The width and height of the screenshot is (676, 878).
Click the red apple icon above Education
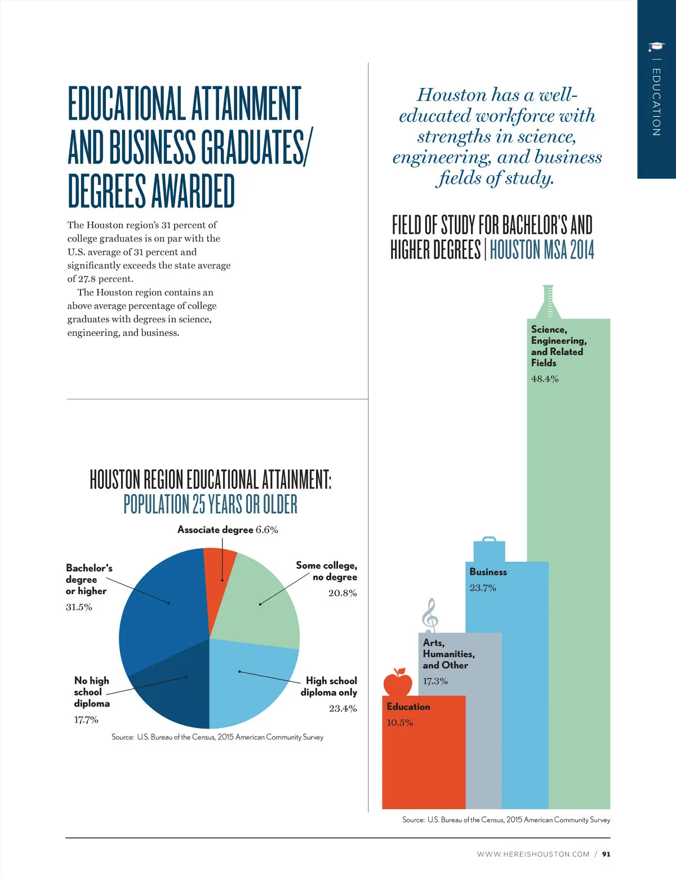398,682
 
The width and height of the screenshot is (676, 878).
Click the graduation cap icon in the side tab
656,46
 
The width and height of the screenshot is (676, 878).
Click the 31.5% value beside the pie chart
79,607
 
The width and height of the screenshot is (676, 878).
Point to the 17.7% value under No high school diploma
86,720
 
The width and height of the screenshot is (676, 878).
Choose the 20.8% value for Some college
343,593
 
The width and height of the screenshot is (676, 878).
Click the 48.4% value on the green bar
545,379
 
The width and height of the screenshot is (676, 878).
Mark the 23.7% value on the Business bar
483,588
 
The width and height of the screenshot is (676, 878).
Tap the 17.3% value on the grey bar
435,681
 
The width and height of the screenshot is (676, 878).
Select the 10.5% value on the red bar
400,722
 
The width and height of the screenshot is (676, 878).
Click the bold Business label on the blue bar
488,572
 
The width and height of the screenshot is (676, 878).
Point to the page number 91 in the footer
606,854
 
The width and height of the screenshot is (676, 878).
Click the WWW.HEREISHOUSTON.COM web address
533,854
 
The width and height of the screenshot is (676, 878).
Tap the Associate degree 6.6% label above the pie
228,530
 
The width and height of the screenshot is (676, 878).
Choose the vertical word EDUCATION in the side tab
656,102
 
